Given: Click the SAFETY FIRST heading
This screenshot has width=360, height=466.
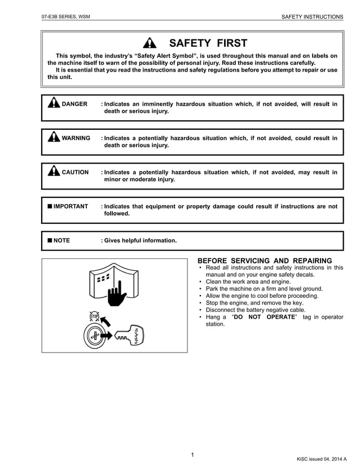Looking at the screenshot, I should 208,43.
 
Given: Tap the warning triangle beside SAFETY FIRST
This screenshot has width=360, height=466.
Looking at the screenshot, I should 149,43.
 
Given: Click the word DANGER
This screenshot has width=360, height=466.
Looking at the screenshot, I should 74,104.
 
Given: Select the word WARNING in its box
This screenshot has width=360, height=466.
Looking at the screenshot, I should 76,138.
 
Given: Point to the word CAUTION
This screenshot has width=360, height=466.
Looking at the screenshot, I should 75,172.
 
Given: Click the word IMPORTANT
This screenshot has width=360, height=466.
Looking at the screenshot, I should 71,206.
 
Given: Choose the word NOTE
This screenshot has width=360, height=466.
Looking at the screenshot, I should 62,240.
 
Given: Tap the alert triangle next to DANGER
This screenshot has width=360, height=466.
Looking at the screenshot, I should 54,103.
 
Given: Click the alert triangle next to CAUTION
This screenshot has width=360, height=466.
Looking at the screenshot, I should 54,172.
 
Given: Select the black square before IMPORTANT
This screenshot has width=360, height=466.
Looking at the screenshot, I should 50,206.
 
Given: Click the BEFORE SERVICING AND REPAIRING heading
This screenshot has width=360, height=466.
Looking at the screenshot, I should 265,260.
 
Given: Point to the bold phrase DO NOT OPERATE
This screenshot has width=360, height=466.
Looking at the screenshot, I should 264,317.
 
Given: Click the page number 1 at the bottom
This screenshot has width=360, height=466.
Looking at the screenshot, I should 192,455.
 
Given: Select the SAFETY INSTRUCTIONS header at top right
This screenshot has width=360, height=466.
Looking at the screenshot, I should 312,17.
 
